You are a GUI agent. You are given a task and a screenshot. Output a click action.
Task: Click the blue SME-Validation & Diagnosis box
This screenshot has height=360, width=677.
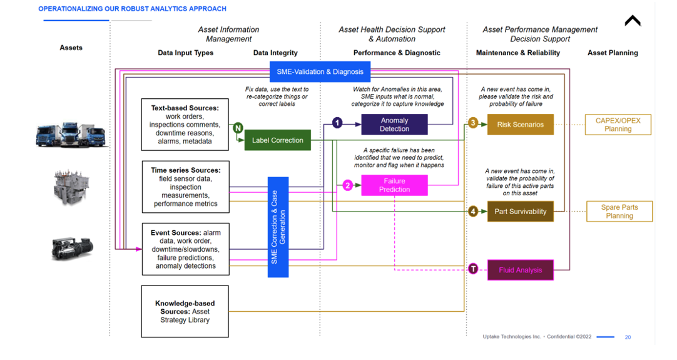[320, 71]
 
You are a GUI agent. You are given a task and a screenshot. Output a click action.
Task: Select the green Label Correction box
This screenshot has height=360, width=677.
[277, 140]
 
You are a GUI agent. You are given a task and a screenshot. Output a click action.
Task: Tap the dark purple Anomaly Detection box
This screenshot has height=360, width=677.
[394, 125]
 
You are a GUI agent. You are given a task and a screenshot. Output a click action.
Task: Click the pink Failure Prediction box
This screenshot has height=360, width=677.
[394, 185]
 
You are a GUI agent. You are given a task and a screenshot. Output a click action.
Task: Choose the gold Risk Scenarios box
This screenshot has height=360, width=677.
[520, 125]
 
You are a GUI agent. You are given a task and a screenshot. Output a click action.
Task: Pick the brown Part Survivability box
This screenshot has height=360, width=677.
[520, 212]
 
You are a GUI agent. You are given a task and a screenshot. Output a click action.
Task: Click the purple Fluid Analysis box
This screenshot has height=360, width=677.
[520, 270]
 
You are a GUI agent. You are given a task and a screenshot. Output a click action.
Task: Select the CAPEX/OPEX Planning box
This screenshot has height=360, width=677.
[618, 125]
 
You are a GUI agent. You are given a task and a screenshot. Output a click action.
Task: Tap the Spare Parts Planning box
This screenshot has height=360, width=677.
[619, 212]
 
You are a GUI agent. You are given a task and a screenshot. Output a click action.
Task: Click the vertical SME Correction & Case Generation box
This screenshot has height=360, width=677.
[278, 227]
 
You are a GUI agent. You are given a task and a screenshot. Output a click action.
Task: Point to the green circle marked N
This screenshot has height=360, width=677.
[238, 128]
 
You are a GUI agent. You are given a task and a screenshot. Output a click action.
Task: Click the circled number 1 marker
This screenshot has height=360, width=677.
[337, 123]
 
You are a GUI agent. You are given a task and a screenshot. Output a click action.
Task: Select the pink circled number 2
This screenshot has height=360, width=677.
[348, 185]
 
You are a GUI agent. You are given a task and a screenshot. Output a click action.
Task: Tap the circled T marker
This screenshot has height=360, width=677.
[473, 269]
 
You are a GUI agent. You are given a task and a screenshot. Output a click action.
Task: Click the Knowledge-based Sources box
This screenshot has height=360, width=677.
[185, 311]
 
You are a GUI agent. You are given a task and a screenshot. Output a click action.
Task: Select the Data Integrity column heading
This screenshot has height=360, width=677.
[275, 53]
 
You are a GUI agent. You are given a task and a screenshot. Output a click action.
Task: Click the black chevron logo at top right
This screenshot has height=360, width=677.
[633, 21]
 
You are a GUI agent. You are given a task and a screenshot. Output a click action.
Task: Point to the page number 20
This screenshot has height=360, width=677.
[628, 337]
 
